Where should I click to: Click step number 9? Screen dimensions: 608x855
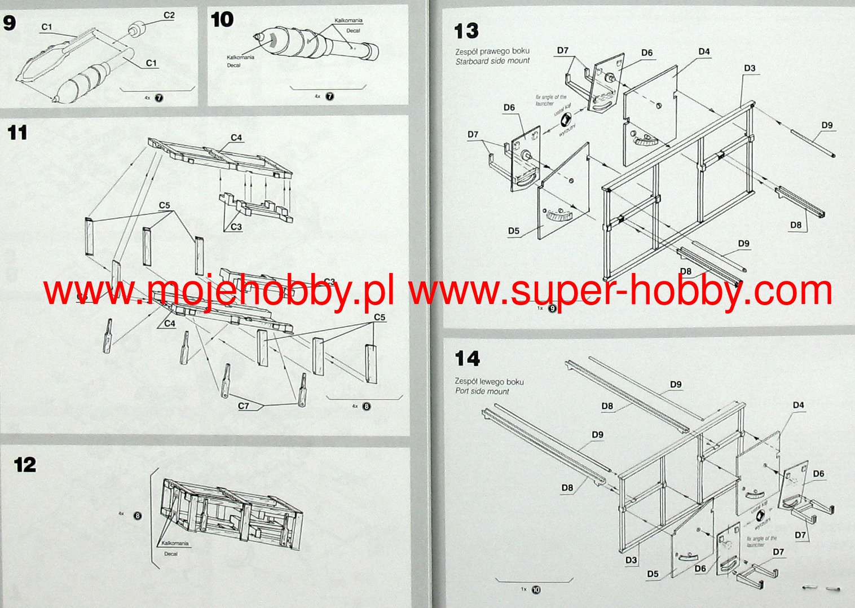10,23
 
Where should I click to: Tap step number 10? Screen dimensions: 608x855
222,20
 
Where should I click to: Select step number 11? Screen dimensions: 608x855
17,133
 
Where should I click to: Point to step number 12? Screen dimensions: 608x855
25,465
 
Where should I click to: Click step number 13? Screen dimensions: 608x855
466,31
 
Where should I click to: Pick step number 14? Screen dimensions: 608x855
467,359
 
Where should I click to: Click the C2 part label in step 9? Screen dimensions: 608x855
169,15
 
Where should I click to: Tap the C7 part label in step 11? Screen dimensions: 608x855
243,406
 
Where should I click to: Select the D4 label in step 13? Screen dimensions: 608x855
704,52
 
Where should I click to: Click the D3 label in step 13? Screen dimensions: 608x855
749,68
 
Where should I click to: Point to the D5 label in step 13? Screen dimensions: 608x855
513,231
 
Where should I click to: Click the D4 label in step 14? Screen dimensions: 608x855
798,405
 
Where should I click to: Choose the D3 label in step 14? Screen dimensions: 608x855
631,560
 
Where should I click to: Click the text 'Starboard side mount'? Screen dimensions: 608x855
492,61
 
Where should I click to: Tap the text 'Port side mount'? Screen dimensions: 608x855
482,391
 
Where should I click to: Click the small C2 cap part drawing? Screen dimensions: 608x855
137,28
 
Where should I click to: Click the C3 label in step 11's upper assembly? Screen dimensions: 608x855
236,227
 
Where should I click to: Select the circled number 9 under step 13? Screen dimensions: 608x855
552,309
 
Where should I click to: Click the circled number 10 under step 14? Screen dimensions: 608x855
536,590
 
